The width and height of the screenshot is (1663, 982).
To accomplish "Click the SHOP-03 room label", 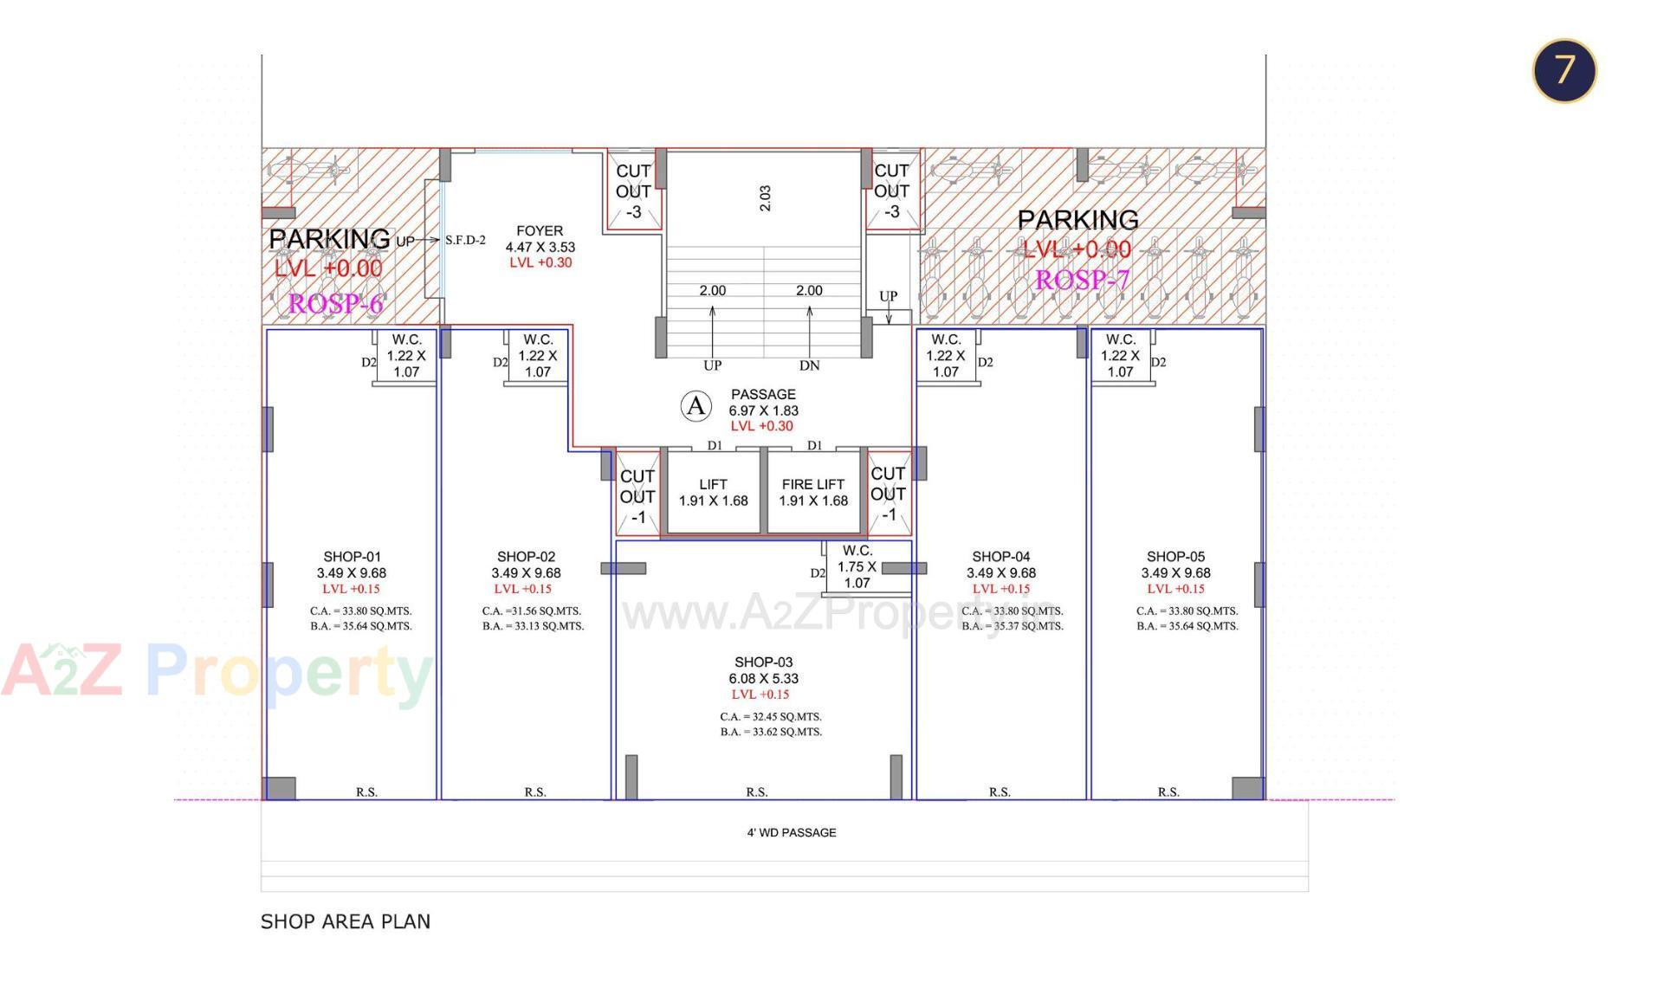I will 763,662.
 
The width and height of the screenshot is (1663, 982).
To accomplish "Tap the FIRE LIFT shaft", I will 813,492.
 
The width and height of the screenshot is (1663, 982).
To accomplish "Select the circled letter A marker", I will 696,405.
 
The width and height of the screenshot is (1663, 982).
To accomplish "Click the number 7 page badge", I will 1563,70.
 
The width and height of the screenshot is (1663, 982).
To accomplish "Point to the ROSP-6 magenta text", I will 335,303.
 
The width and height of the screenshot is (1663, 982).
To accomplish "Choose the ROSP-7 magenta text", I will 1082,280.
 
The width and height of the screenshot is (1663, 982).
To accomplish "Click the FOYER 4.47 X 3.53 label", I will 540,239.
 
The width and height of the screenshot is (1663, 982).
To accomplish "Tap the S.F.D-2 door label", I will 465,241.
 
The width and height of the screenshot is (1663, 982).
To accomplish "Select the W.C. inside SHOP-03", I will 857,566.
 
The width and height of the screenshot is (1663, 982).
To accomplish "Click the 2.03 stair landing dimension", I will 765,197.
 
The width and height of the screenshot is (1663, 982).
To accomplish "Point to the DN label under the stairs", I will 809,365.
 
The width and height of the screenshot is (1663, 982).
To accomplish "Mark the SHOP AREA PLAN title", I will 345,921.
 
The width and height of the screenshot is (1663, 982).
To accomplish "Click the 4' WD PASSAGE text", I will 791,832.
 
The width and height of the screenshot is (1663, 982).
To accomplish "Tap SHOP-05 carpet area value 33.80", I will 1187,611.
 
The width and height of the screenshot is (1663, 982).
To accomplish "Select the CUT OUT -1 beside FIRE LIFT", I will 889,494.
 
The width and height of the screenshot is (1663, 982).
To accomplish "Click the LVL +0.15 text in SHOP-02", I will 522,589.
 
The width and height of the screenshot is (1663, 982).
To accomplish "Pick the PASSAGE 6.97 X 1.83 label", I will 762,403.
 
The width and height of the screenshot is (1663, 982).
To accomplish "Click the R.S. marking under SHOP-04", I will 1000,791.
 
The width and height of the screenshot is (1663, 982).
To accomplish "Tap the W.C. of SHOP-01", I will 406,355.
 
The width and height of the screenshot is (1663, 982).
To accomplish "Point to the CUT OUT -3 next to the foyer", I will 633,191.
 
